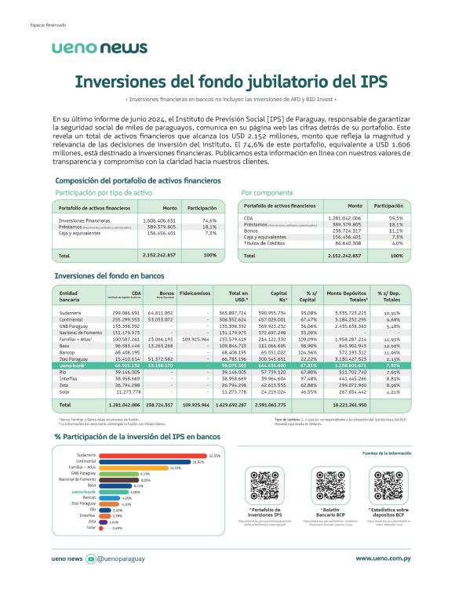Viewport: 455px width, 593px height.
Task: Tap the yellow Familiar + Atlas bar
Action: pos(142,467)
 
